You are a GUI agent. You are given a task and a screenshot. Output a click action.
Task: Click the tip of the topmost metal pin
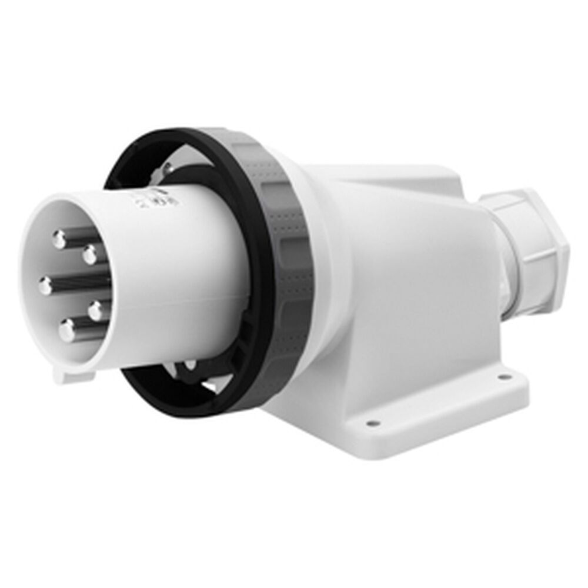59,239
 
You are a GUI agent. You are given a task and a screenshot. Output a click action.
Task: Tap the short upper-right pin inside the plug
90,255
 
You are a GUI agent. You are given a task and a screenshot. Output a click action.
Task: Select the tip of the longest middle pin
46,286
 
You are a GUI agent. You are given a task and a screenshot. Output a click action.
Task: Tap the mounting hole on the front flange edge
370,422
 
